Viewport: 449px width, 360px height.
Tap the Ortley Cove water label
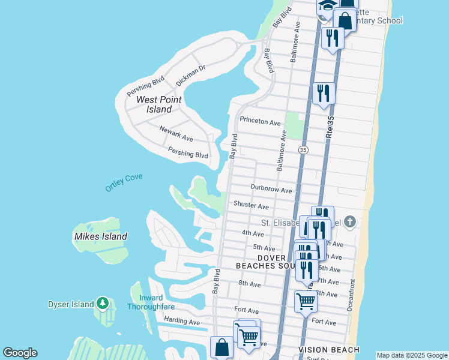click(x=124, y=181)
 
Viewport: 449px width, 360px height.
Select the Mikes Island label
click(x=101, y=236)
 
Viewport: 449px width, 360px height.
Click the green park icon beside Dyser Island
click(x=103, y=304)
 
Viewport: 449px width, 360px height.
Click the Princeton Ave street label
click(x=260, y=121)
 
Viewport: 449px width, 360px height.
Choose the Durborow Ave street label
click(x=271, y=190)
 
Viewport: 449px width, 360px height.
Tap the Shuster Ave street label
click(x=251, y=206)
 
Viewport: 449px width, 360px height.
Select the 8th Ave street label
click(x=249, y=283)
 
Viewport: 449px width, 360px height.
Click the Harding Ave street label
click(x=181, y=322)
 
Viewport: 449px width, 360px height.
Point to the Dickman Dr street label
click(x=191, y=75)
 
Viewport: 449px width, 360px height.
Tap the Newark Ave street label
click(x=176, y=133)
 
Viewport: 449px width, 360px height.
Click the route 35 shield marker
click(x=303, y=149)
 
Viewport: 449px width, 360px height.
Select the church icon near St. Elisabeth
click(x=350, y=223)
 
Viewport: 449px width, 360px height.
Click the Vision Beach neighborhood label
click(x=329, y=350)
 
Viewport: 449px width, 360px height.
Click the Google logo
click(x=20, y=353)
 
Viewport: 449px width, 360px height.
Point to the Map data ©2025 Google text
click(x=411, y=355)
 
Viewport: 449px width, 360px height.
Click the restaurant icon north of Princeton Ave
click(x=324, y=93)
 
